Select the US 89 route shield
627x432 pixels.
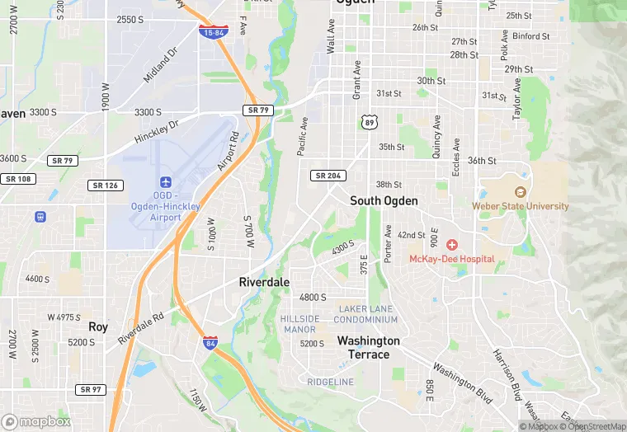click(368, 122)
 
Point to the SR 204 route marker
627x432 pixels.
click(328, 176)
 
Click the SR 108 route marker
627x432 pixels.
click(16, 178)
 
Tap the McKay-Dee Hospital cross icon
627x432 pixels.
click(452, 245)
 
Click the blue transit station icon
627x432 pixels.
click(40, 217)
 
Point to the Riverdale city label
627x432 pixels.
click(264, 282)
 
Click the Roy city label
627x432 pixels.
click(98, 326)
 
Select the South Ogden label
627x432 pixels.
click(384, 201)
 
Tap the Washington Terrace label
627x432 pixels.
click(368, 348)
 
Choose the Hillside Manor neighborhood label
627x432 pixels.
click(299, 324)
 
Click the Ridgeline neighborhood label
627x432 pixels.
click(330, 382)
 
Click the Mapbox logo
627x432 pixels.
click(36, 421)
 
